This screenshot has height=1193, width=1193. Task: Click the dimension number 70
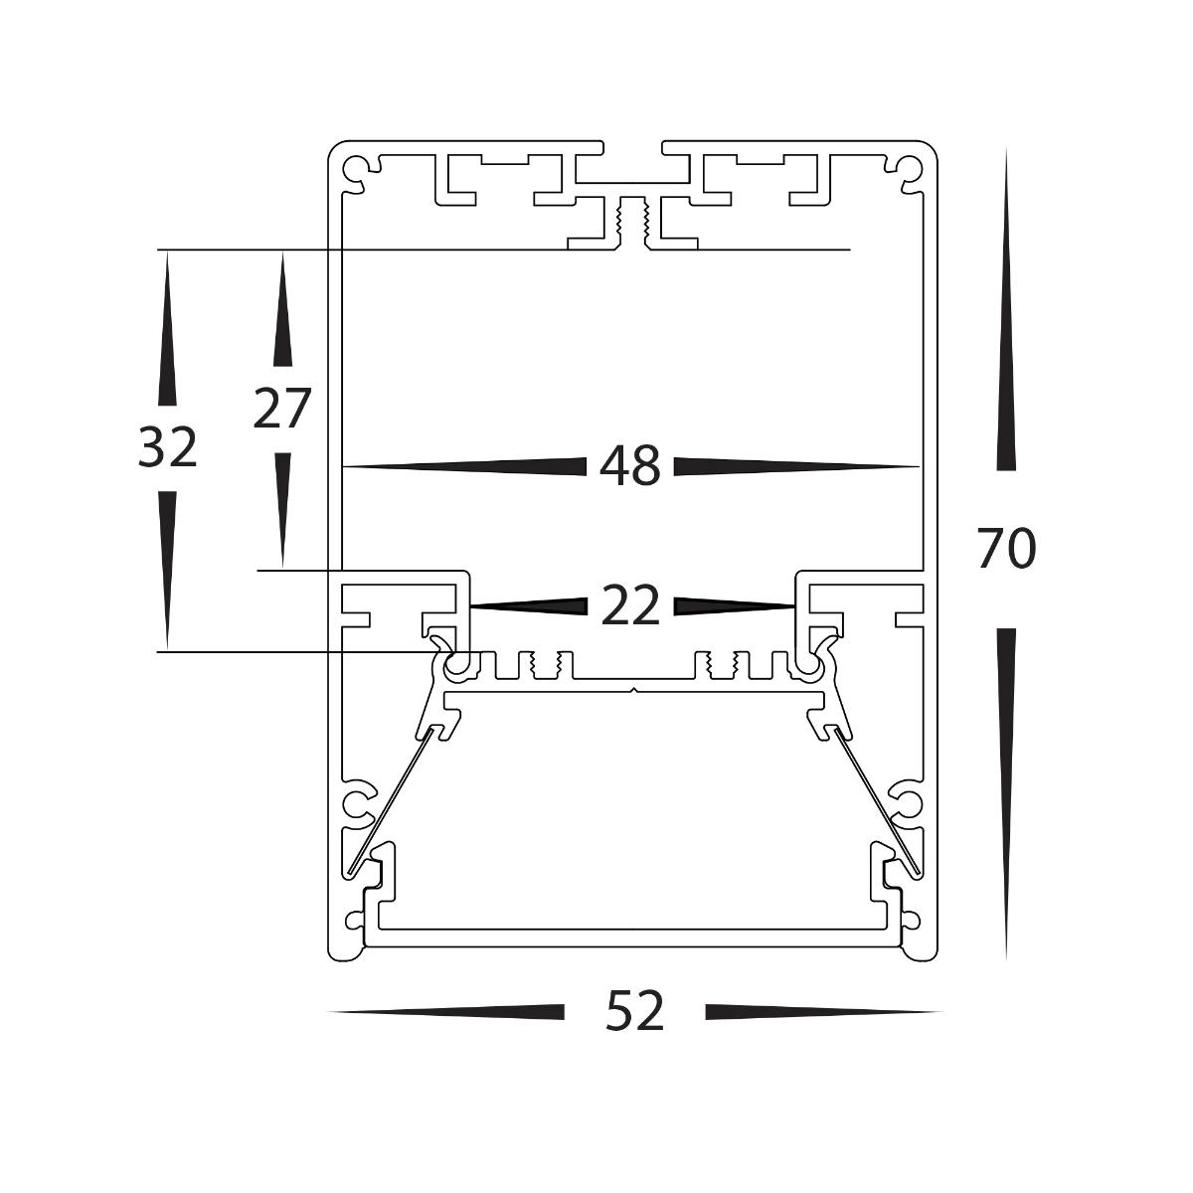tap(1006, 549)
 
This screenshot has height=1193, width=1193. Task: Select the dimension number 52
tap(634, 1012)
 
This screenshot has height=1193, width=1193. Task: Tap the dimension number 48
tap(630, 465)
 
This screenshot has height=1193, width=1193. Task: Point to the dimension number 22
tap(630, 605)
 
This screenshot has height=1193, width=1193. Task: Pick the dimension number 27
tap(282, 409)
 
